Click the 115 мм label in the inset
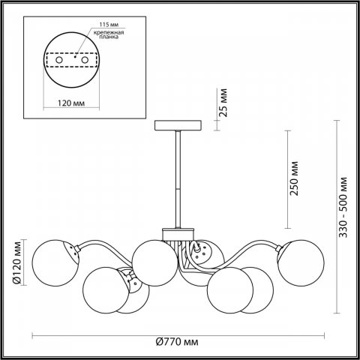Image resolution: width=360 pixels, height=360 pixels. pyautogui.click(x=109, y=25)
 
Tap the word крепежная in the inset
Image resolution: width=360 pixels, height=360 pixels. pyautogui.click(x=109, y=32)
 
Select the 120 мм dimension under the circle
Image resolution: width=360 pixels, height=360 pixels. pyautogui.click(x=71, y=103)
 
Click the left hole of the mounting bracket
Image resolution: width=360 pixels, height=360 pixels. pyautogui.click(x=59, y=60)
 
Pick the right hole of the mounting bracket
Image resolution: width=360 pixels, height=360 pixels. pyautogui.click(x=85, y=60)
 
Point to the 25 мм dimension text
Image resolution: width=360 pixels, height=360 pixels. pyautogui.click(x=223, y=103)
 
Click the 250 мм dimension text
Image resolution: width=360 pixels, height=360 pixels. pyautogui.click(x=294, y=178)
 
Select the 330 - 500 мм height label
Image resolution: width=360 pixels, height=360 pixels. pyautogui.click(x=343, y=207)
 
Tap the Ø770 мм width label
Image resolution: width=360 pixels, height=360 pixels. pyautogui.click(x=177, y=342)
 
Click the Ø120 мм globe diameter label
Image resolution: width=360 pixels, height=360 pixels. pyautogui.click(x=17, y=262)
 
